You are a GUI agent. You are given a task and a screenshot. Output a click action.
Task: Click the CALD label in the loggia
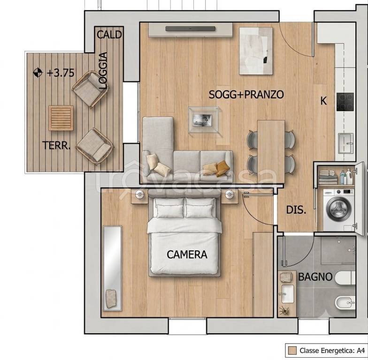point(109,35)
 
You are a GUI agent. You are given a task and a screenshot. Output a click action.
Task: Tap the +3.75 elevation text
point(60,73)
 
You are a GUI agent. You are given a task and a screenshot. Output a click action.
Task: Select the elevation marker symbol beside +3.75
point(38,72)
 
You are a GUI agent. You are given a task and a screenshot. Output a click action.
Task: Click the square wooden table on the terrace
point(61,118)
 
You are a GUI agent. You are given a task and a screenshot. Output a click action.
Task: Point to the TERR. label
point(56,145)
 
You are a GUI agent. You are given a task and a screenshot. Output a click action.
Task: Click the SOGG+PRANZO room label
point(246,95)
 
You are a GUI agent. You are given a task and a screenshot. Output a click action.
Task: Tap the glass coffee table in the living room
point(204,120)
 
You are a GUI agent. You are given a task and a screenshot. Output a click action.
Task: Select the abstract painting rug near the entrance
point(256,51)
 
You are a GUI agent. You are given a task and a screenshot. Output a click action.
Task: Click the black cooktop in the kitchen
point(345,102)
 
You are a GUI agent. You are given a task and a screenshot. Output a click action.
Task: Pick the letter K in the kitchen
point(323,101)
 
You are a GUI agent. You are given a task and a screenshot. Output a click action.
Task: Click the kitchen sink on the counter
point(345,143)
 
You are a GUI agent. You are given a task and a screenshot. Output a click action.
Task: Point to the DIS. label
point(296,210)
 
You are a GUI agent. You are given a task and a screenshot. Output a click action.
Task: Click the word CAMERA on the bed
point(187,255)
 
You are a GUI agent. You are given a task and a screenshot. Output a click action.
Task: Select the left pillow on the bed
point(169,207)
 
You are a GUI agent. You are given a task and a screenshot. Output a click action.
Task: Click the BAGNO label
point(315,277)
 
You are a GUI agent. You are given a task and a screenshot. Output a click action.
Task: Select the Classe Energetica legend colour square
point(292,351)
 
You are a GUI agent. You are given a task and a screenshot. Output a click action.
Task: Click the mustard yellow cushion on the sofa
point(222,168)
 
